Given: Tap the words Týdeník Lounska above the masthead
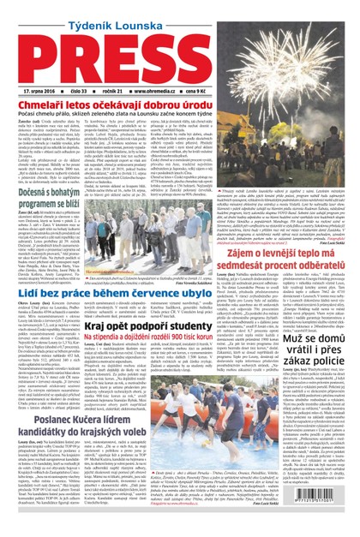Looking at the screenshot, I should [179, 13].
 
